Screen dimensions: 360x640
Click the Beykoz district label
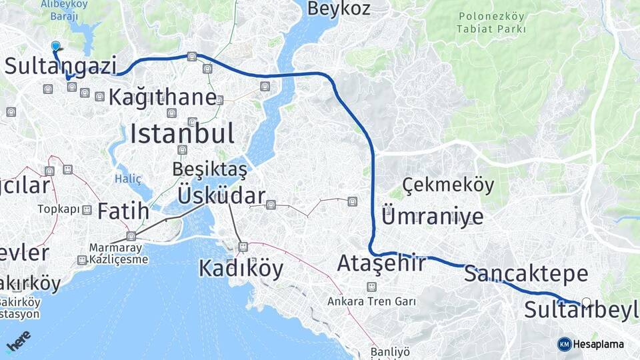338,9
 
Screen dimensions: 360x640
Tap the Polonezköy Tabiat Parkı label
491,23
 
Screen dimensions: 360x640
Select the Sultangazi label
61,66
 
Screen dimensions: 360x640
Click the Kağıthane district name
163,97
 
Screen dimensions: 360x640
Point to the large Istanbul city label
182,134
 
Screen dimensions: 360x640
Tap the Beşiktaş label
209,170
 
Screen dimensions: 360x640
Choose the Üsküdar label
221,196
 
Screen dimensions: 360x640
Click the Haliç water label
128,178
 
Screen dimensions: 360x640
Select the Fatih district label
123,211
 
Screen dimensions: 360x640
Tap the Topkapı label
59,209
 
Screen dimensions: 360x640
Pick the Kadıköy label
241,269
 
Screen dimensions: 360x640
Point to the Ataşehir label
381,263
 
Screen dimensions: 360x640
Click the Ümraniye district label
432,216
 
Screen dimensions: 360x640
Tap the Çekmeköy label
448,185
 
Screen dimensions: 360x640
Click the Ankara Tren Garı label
371,301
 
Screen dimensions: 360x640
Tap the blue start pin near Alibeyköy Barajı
55,46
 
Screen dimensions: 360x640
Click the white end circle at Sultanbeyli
587,303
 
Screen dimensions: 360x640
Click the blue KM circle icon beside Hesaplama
565,344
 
